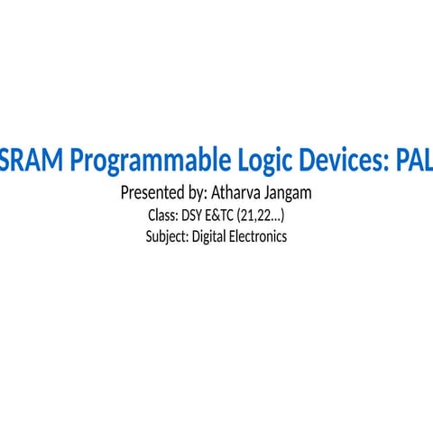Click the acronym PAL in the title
tap(413, 161)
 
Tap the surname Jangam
tap(290, 194)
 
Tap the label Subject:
tap(167, 237)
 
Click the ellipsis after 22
tap(277, 219)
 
